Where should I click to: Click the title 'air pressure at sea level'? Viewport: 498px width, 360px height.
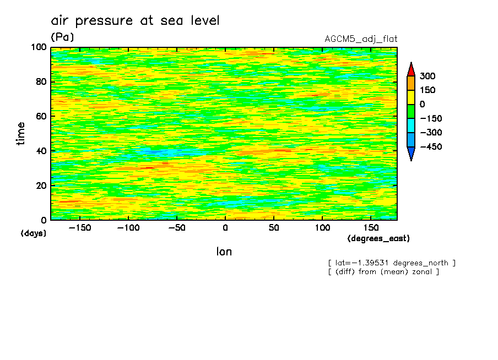(135, 21)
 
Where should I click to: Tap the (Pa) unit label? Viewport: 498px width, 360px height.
(62, 37)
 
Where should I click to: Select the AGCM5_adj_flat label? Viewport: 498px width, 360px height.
(361, 39)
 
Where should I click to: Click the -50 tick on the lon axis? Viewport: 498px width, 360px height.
(176, 227)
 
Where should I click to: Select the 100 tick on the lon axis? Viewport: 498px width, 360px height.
(322, 227)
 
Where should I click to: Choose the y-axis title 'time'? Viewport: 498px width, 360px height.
(21, 134)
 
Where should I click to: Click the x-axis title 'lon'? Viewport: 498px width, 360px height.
(224, 252)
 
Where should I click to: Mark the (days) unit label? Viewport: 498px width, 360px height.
(34, 233)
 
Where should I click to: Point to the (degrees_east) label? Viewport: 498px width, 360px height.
(378, 239)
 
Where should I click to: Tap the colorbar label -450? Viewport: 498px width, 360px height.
(431, 147)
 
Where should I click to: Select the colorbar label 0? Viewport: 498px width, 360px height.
(423, 105)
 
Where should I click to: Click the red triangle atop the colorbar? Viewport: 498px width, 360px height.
(410, 69)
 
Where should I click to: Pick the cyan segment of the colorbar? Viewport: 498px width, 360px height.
(410, 126)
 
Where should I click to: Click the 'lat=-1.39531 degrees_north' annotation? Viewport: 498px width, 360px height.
(391, 263)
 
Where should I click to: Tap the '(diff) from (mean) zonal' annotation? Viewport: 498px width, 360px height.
(383, 271)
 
